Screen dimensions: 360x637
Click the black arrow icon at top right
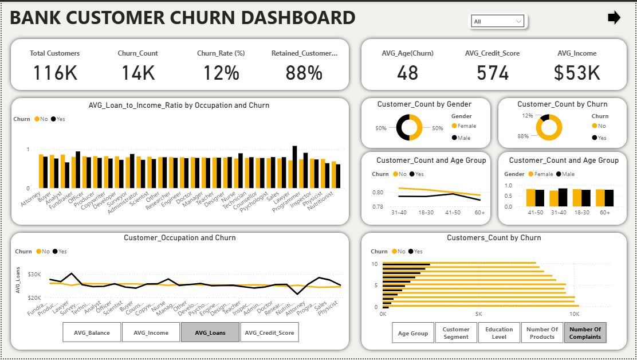coord(614,18)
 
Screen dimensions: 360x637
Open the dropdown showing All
coord(498,22)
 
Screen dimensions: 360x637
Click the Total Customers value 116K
coord(54,73)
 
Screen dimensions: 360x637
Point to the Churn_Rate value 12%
coord(221,73)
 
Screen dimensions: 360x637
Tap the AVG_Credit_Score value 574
coord(492,73)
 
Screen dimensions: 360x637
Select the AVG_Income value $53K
coord(577,73)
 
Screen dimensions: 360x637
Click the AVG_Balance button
coord(92,332)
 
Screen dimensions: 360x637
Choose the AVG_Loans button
coord(210,332)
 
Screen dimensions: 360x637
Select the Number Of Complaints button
coord(585,333)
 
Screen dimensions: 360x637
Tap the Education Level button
coord(499,333)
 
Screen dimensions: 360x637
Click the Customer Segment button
coord(456,333)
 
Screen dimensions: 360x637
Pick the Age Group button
coord(412,333)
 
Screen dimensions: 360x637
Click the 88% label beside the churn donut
coord(523,136)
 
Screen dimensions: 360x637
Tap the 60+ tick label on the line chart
coord(479,213)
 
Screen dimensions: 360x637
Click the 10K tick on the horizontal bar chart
coord(573,314)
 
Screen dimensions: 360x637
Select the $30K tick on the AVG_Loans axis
coord(34,275)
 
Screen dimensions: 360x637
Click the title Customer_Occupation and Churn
coord(179,238)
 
